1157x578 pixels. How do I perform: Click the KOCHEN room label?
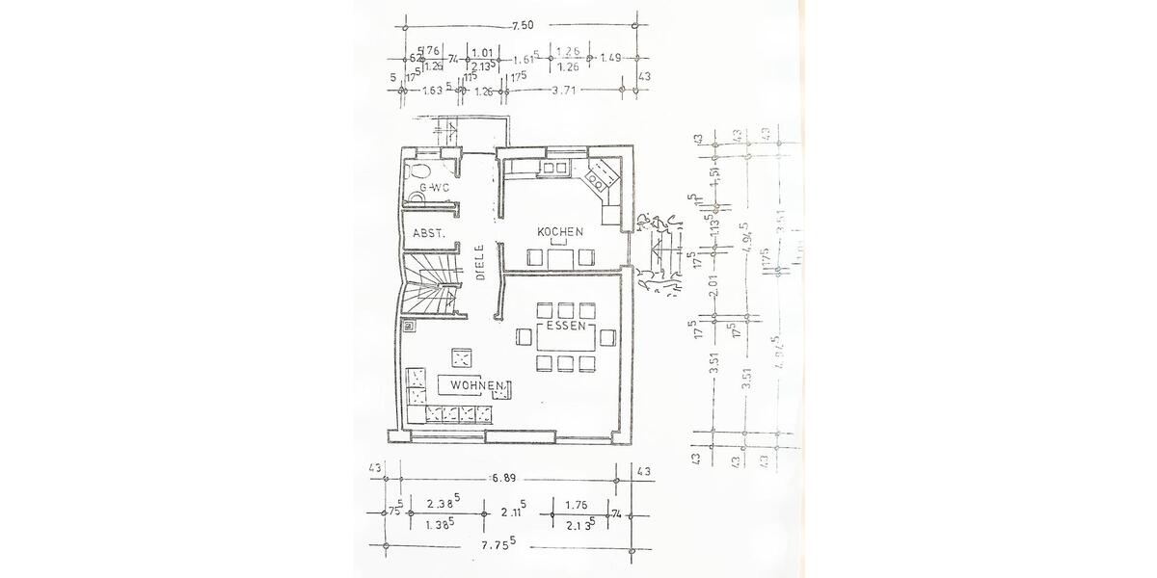point(561,232)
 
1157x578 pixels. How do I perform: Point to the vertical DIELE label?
point(479,262)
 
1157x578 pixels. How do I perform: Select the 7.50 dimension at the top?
point(522,23)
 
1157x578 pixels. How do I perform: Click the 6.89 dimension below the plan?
point(506,477)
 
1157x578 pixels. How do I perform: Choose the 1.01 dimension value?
point(485,53)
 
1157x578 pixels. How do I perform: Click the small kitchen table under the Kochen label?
point(560,258)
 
